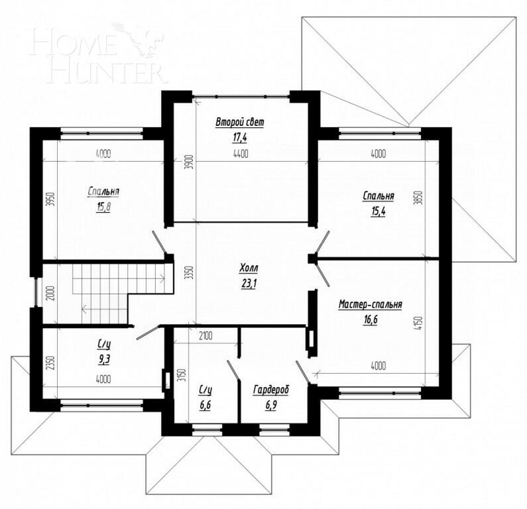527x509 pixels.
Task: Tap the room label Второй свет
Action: (x=239, y=122)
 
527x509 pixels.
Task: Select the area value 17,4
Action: (x=239, y=137)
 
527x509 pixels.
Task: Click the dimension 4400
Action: (x=239, y=154)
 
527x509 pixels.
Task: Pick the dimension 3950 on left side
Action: (x=48, y=199)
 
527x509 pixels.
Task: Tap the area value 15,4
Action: (x=378, y=210)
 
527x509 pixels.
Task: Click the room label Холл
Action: (x=249, y=268)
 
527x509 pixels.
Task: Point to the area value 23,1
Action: (x=249, y=283)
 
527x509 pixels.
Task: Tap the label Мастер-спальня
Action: (x=371, y=305)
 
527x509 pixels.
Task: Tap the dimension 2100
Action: (x=205, y=337)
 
